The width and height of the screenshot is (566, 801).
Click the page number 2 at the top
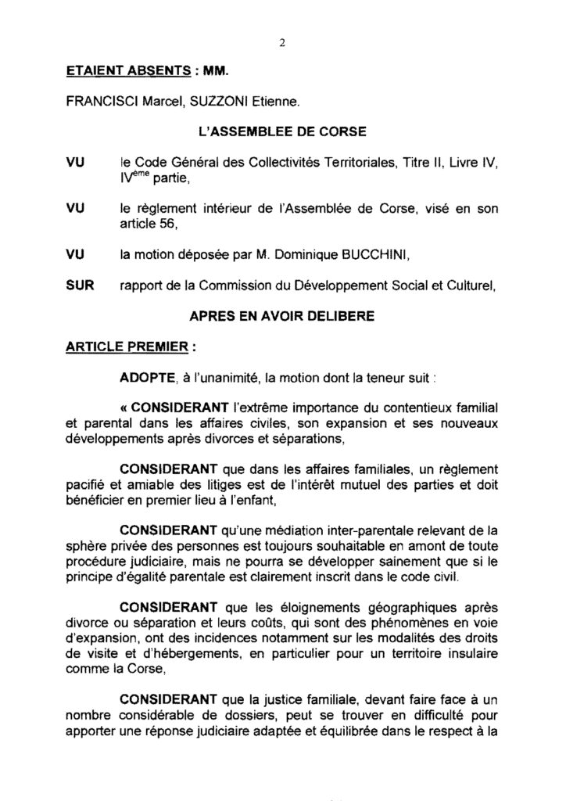pyautogui.click(x=282, y=43)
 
